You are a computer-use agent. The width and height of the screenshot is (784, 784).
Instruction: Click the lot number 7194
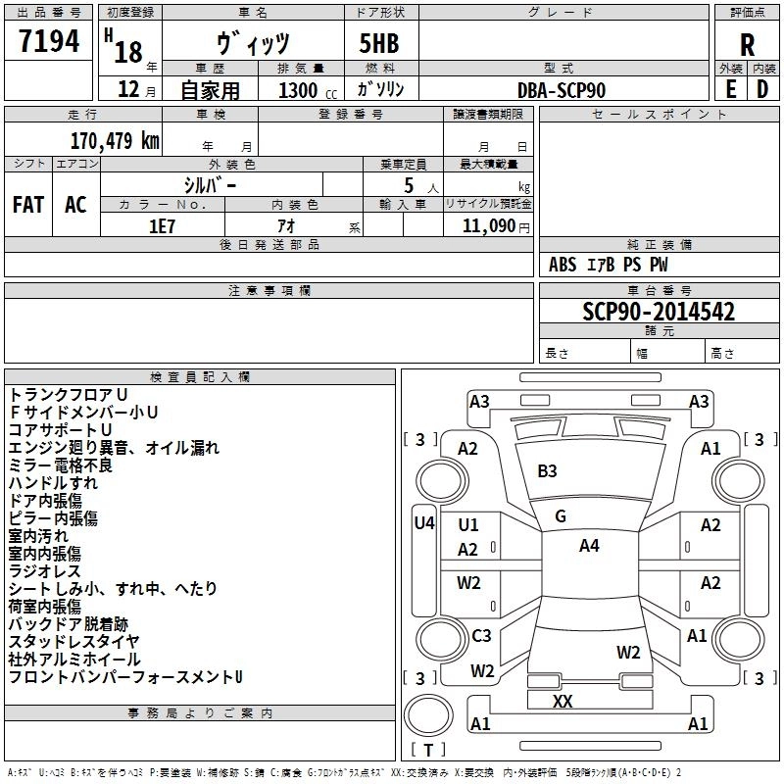pos(49,41)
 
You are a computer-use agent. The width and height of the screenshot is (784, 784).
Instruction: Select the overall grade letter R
pos(747,45)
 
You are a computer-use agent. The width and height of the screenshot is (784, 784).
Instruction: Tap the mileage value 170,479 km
pos(115,141)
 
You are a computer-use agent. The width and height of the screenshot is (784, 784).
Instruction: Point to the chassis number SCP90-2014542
pos(659,312)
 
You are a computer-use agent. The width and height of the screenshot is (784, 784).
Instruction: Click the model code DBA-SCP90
pos(561,90)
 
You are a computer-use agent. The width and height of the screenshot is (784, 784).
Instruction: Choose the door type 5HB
pos(379,43)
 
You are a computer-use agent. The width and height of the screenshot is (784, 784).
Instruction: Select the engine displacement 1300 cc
pos(308,90)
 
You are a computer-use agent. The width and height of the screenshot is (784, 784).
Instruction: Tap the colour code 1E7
pos(162,226)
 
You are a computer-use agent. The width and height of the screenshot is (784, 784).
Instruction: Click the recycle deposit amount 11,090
pos(488,226)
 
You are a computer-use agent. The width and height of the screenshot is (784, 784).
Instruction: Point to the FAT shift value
pos(28,205)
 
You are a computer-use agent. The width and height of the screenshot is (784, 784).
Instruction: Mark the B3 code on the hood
pos(547,471)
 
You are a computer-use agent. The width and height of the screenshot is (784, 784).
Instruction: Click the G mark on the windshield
pos(561,516)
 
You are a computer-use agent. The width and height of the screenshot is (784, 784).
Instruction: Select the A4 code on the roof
pos(589,546)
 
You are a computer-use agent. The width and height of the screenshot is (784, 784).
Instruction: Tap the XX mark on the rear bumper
pos(563,702)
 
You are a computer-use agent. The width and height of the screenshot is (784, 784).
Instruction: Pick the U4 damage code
pos(424,523)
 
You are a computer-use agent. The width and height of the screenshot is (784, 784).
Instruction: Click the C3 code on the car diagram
pos(481,635)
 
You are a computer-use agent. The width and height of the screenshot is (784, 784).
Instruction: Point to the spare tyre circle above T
pos(428,715)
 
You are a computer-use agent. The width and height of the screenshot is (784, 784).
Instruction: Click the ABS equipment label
pos(563,265)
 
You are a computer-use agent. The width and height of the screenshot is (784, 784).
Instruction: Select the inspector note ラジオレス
pos(44,571)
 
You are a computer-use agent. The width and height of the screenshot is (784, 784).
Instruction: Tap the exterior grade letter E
pos(730,89)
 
